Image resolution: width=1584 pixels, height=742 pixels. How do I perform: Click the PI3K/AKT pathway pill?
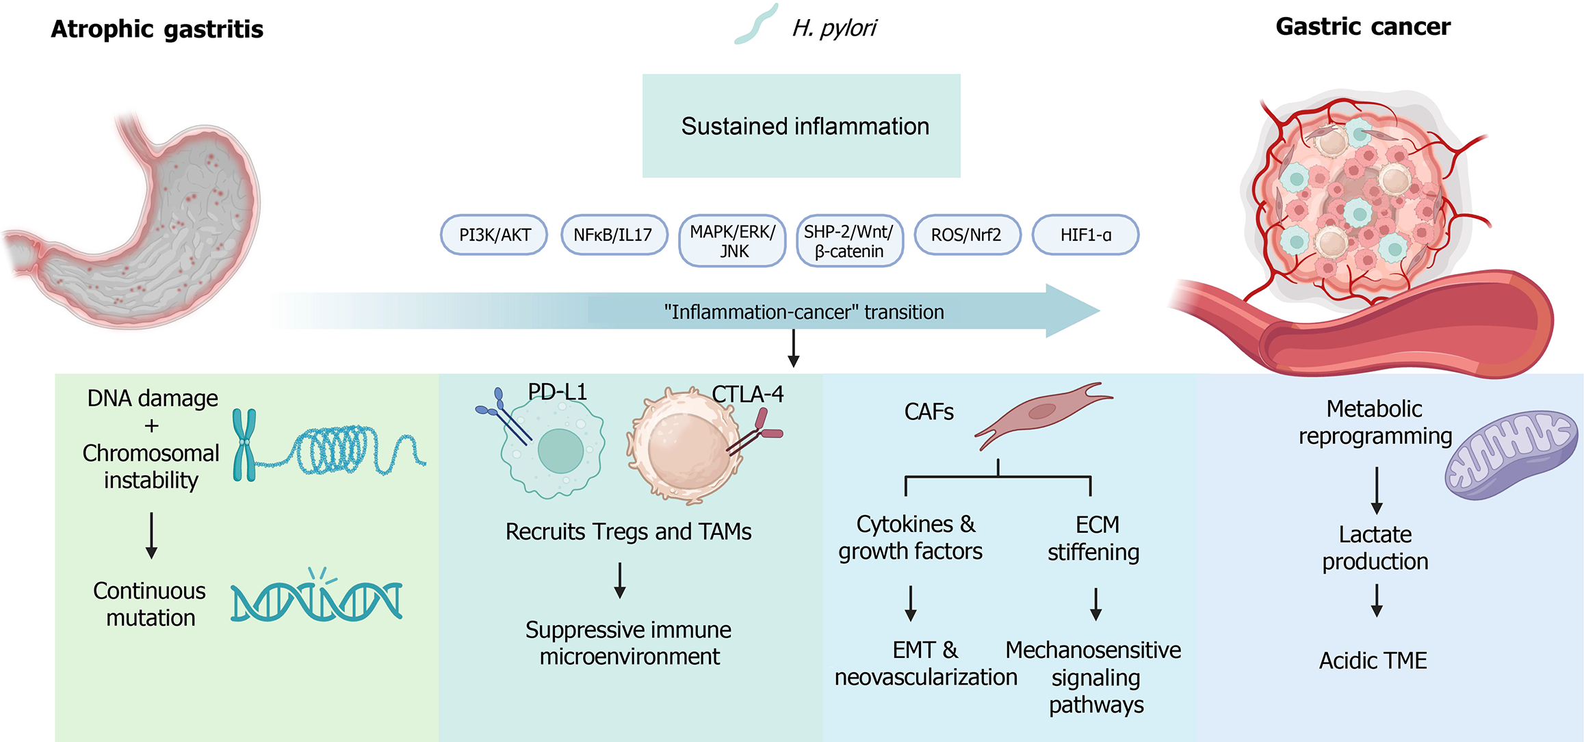[494, 235]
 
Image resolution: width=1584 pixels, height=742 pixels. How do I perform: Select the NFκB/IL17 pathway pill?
[614, 235]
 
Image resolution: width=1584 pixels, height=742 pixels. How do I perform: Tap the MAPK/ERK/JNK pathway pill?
[732, 241]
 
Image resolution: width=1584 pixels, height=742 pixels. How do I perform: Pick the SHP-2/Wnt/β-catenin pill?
[849, 241]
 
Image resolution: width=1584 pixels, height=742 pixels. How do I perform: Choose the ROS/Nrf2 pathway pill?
[967, 235]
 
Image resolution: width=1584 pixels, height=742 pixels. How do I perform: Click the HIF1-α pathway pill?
[1085, 235]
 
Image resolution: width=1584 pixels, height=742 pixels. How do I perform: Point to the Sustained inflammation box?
[801, 127]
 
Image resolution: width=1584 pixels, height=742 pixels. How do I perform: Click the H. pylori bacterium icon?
[755, 25]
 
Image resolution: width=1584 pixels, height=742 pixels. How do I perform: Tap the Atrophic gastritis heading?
[157, 29]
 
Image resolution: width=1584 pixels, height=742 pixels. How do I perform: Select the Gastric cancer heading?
[1362, 27]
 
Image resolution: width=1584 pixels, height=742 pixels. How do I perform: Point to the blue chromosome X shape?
[244, 445]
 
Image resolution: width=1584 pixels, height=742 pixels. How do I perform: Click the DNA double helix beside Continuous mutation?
[316, 600]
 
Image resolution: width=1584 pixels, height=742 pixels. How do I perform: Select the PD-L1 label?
[557, 392]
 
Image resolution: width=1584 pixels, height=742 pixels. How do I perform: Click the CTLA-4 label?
[747, 394]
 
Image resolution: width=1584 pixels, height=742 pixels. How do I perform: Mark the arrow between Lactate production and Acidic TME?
[1377, 600]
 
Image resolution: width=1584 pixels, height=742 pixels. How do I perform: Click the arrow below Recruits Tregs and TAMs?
[620, 581]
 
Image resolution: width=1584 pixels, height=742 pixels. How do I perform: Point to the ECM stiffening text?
[1094, 538]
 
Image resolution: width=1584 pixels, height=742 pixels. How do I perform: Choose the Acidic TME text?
[1373, 661]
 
